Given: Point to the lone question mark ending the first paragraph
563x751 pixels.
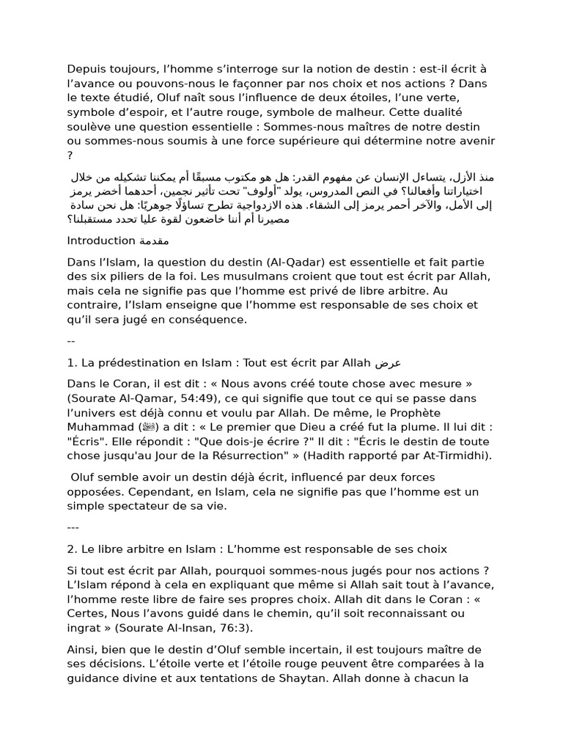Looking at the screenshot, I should (70, 155).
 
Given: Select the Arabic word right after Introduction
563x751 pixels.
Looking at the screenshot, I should (154, 241).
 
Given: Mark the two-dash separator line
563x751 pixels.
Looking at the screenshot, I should (71, 341).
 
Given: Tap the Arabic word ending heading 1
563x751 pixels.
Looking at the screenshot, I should (389, 363).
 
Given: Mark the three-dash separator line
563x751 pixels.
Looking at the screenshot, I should (73, 527).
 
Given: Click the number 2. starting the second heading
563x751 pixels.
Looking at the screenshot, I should (73, 549).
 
